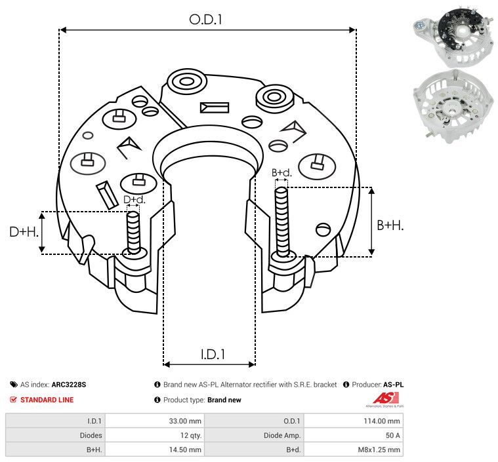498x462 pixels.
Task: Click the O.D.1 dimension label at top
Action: [x=205, y=20]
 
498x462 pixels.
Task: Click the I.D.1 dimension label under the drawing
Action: [x=213, y=355]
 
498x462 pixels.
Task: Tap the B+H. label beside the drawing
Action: [x=390, y=225]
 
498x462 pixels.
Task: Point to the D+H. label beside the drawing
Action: [x=24, y=232]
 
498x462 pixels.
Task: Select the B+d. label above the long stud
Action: [x=281, y=172]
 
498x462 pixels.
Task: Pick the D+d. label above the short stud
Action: [x=134, y=200]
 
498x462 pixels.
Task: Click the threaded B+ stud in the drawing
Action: [x=281, y=221]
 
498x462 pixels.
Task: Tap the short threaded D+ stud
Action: [x=133, y=233]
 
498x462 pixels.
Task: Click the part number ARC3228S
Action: [x=69, y=385]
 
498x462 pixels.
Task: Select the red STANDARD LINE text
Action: [x=47, y=400]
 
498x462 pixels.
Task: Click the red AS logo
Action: [x=385, y=398]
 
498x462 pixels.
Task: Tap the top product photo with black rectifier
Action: [x=453, y=37]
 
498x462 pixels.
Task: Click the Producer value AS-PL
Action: [x=393, y=385]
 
